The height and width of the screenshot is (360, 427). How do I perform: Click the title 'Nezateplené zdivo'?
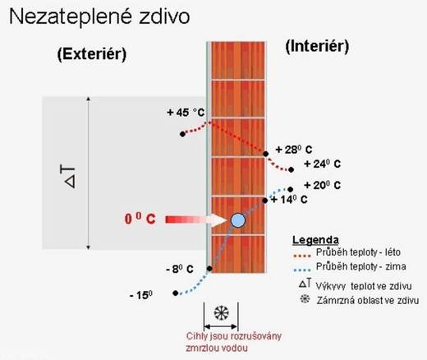point(99,16)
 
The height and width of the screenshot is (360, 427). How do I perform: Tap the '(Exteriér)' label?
point(92,54)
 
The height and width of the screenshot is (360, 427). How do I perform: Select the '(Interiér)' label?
point(317,46)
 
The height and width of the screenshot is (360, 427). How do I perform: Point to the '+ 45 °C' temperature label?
point(186,113)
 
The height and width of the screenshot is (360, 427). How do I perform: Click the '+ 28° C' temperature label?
point(294,150)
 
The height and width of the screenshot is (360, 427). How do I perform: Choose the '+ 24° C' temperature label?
point(323,164)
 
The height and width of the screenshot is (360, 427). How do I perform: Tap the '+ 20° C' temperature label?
point(323,185)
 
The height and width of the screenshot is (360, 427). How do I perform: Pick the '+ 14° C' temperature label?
point(289,200)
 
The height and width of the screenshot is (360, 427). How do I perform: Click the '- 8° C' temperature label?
point(180,270)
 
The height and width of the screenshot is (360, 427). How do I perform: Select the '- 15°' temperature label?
point(141,295)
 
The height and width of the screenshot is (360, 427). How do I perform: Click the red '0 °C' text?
point(140,219)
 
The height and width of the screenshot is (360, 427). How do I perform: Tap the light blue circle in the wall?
point(238,220)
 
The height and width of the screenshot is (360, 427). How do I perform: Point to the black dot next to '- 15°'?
point(176,293)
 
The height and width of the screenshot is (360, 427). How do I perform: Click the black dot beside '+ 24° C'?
point(291,170)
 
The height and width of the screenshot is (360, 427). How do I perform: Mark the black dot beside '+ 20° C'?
point(291,189)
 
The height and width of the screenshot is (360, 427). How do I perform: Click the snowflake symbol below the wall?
point(221,313)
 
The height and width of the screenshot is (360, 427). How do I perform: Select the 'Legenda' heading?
point(315,240)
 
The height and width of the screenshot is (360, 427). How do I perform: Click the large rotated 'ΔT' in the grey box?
point(68,177)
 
